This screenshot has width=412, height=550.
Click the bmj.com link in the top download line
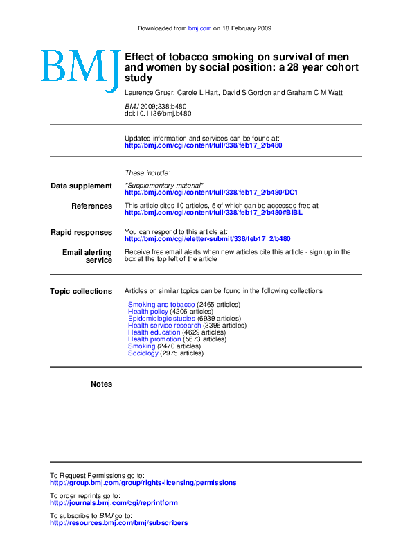point(199,28)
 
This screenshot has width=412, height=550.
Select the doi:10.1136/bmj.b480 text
point(158,112)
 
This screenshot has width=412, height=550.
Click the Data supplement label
point(81,186)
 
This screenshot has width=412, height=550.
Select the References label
point(91,206)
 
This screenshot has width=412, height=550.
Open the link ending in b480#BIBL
point(213,213)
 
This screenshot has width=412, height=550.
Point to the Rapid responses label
point(81,232)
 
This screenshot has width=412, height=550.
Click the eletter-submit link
point(207,239)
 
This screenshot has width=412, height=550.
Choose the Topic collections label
point(81,291)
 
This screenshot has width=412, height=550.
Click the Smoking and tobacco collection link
point(161,305)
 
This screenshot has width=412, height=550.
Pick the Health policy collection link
point(148,312)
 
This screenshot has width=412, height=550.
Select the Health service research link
point(164,326)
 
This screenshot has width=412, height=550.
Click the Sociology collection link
point(143,353)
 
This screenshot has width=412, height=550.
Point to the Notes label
point(101,384)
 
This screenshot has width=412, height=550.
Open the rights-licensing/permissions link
point(143,483)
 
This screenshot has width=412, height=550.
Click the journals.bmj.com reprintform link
point(114,503)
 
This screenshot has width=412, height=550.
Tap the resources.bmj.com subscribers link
point(118,523)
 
